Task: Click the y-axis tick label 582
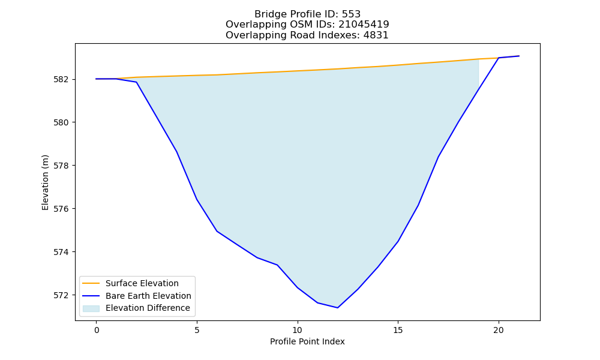click(x=62, y=80)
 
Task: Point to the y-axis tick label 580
click(x=62, y=123)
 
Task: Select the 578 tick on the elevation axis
click(x=62, y=166)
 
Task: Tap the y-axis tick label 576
click(x=62, y=209)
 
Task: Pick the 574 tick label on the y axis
click(x=62, y=252)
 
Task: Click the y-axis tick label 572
click(x=62, y=295)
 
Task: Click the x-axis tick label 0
click(x=97, y=330)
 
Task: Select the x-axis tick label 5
click(x=197, y=330)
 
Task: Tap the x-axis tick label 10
click(x=298, y=330)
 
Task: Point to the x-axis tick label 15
click(x=398, y=330)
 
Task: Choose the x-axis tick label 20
click(x=498, y=330)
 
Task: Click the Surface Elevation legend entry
click(x=142, y=283)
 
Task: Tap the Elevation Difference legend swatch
click(x=91, y=308)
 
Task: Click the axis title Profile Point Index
click(x=307, y=341)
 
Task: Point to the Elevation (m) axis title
click(x=45, y=182)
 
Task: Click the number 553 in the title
click(x=351, y=14)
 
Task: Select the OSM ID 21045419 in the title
click(x=364, y=25)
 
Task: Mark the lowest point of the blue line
click(x=337, y=308)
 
